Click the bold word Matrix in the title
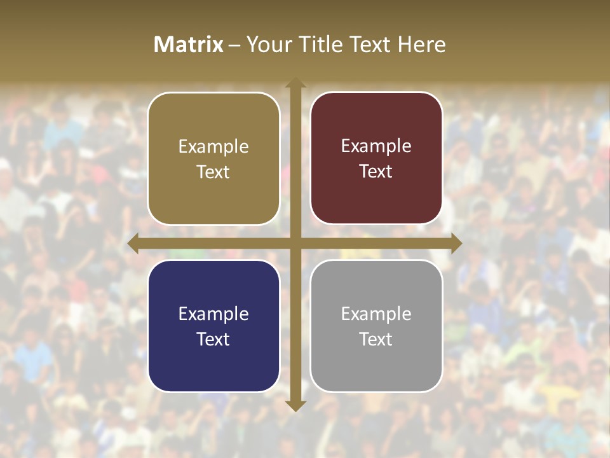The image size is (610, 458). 189,45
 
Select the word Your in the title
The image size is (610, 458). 269,45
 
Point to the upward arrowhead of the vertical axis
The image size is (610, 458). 295,82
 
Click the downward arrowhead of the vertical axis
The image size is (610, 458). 295,406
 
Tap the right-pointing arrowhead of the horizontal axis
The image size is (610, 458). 456,244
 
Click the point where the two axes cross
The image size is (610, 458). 295,244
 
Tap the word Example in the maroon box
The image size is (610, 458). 376,146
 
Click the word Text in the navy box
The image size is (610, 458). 213,339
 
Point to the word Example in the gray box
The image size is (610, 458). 376,314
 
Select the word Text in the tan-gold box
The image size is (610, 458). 213,172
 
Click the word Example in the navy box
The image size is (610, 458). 213,314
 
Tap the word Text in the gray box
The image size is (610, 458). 376,339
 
